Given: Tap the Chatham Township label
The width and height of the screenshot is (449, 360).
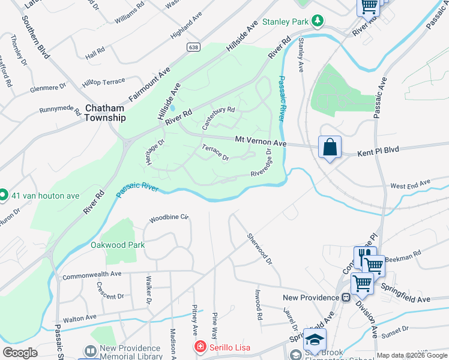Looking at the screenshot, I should [x=104, y=113].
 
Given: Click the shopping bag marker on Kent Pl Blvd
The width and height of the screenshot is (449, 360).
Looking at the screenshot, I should [x=330, y=147].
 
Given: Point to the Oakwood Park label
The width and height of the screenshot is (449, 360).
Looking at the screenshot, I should [x=118, y=245].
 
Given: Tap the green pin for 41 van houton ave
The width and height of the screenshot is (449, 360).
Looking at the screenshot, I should [x=2, y=194].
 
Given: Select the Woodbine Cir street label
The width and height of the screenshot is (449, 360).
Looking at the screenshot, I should [x=169, y=217].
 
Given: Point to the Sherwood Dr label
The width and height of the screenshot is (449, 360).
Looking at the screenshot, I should [x=261, y=249].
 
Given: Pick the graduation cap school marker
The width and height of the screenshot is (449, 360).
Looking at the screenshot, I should [x=315, y=339].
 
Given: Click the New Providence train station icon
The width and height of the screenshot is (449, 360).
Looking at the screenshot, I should [x=346, y=298].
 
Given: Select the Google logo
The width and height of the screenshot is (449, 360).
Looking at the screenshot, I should [x=20, y=353].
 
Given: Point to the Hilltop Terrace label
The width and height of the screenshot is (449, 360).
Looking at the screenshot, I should [x=104, y=81].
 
